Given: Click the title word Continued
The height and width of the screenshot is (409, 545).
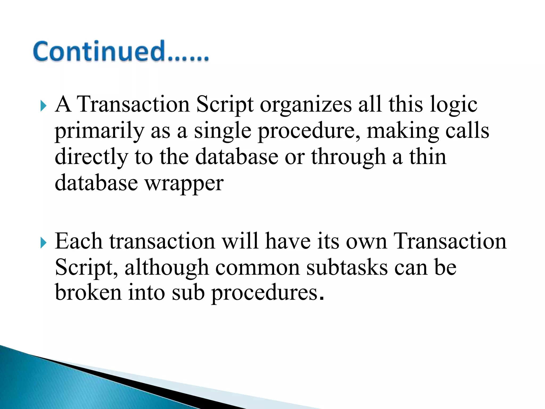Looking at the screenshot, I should pyautogui.click(x=121, y=51).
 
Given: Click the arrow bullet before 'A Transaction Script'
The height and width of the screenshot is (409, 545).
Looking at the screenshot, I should pyautogui.click(x=43, y=106).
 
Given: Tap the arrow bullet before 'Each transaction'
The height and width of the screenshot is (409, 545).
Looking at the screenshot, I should pyautogui.click(x=43, y=243).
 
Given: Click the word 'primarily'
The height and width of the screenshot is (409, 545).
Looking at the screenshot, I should pyautogui.click(x=99, y=131).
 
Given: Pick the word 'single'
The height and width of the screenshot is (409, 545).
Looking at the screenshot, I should pyautogui.click(x=222, y=131).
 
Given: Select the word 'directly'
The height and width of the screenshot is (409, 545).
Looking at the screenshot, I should pyautogui.click(x=91, y=157).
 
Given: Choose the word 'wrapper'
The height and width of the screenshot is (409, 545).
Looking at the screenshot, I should pyautogui.click(x=184, y=184).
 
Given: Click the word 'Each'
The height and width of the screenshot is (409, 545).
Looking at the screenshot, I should pyautogui.click(x=79, y=241).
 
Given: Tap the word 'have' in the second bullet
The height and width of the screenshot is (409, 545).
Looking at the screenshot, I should pyautogui.click(x=288, y=241).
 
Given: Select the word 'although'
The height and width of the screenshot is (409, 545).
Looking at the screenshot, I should pyautogui.click(x=167, y=267).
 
